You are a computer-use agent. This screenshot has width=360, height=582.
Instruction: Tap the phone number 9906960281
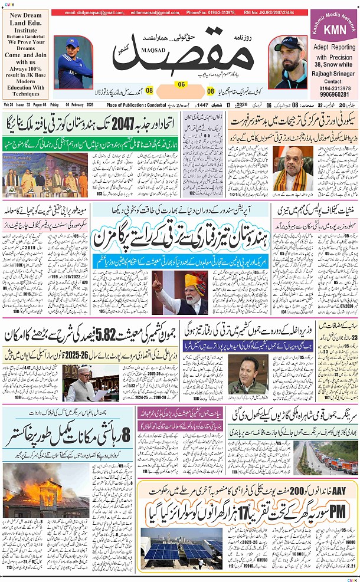tap(332, 94)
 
